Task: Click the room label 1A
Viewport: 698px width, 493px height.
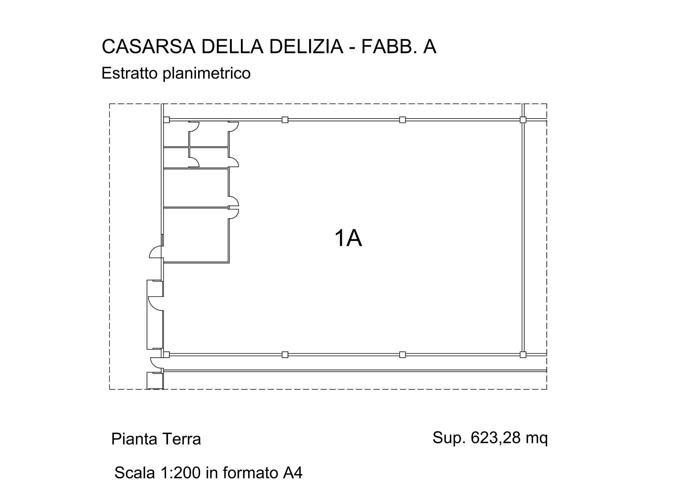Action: (348, 238)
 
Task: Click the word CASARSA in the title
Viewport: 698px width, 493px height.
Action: (149, 47)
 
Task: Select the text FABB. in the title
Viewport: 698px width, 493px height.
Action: (389, 47)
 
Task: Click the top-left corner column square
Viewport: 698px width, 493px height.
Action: (167, 120)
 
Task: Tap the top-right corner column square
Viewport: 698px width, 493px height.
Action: (523, 120)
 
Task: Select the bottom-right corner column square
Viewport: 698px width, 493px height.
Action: (523, 355)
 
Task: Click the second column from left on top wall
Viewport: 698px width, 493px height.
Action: (285, 120)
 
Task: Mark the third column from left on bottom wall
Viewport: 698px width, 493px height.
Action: (402, 355)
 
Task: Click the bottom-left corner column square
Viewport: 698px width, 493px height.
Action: (166, 355)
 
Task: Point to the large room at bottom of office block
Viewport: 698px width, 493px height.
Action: (196, 235)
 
